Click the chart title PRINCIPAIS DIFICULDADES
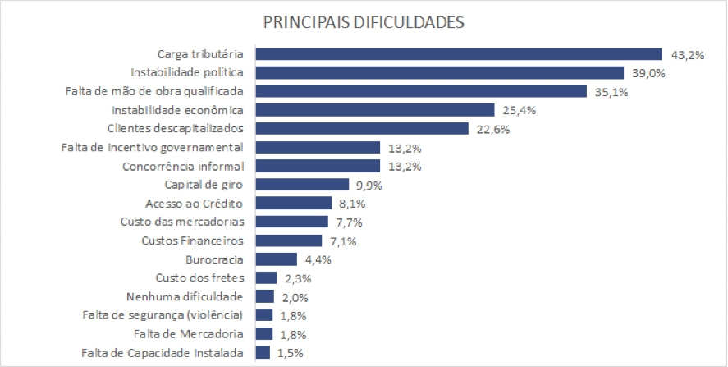coord(364,22)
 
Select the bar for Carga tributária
coord(459,54)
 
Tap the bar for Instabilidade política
coord(439,73)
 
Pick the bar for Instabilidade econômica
coord(375,110)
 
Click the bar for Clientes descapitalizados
coord(362,128)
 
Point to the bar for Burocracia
coord(276,259)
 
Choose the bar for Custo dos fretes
coord(266,278)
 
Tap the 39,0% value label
coord(647,73)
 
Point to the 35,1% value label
coord(611,92)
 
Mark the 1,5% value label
coord(286,353)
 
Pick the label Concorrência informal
coord(183,166)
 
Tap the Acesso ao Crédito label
coord(199,204)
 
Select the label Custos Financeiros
coord(192,241)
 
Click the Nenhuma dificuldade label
coord(185,296)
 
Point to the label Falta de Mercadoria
coord(189,334)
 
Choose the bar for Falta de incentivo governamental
coord(318,148)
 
